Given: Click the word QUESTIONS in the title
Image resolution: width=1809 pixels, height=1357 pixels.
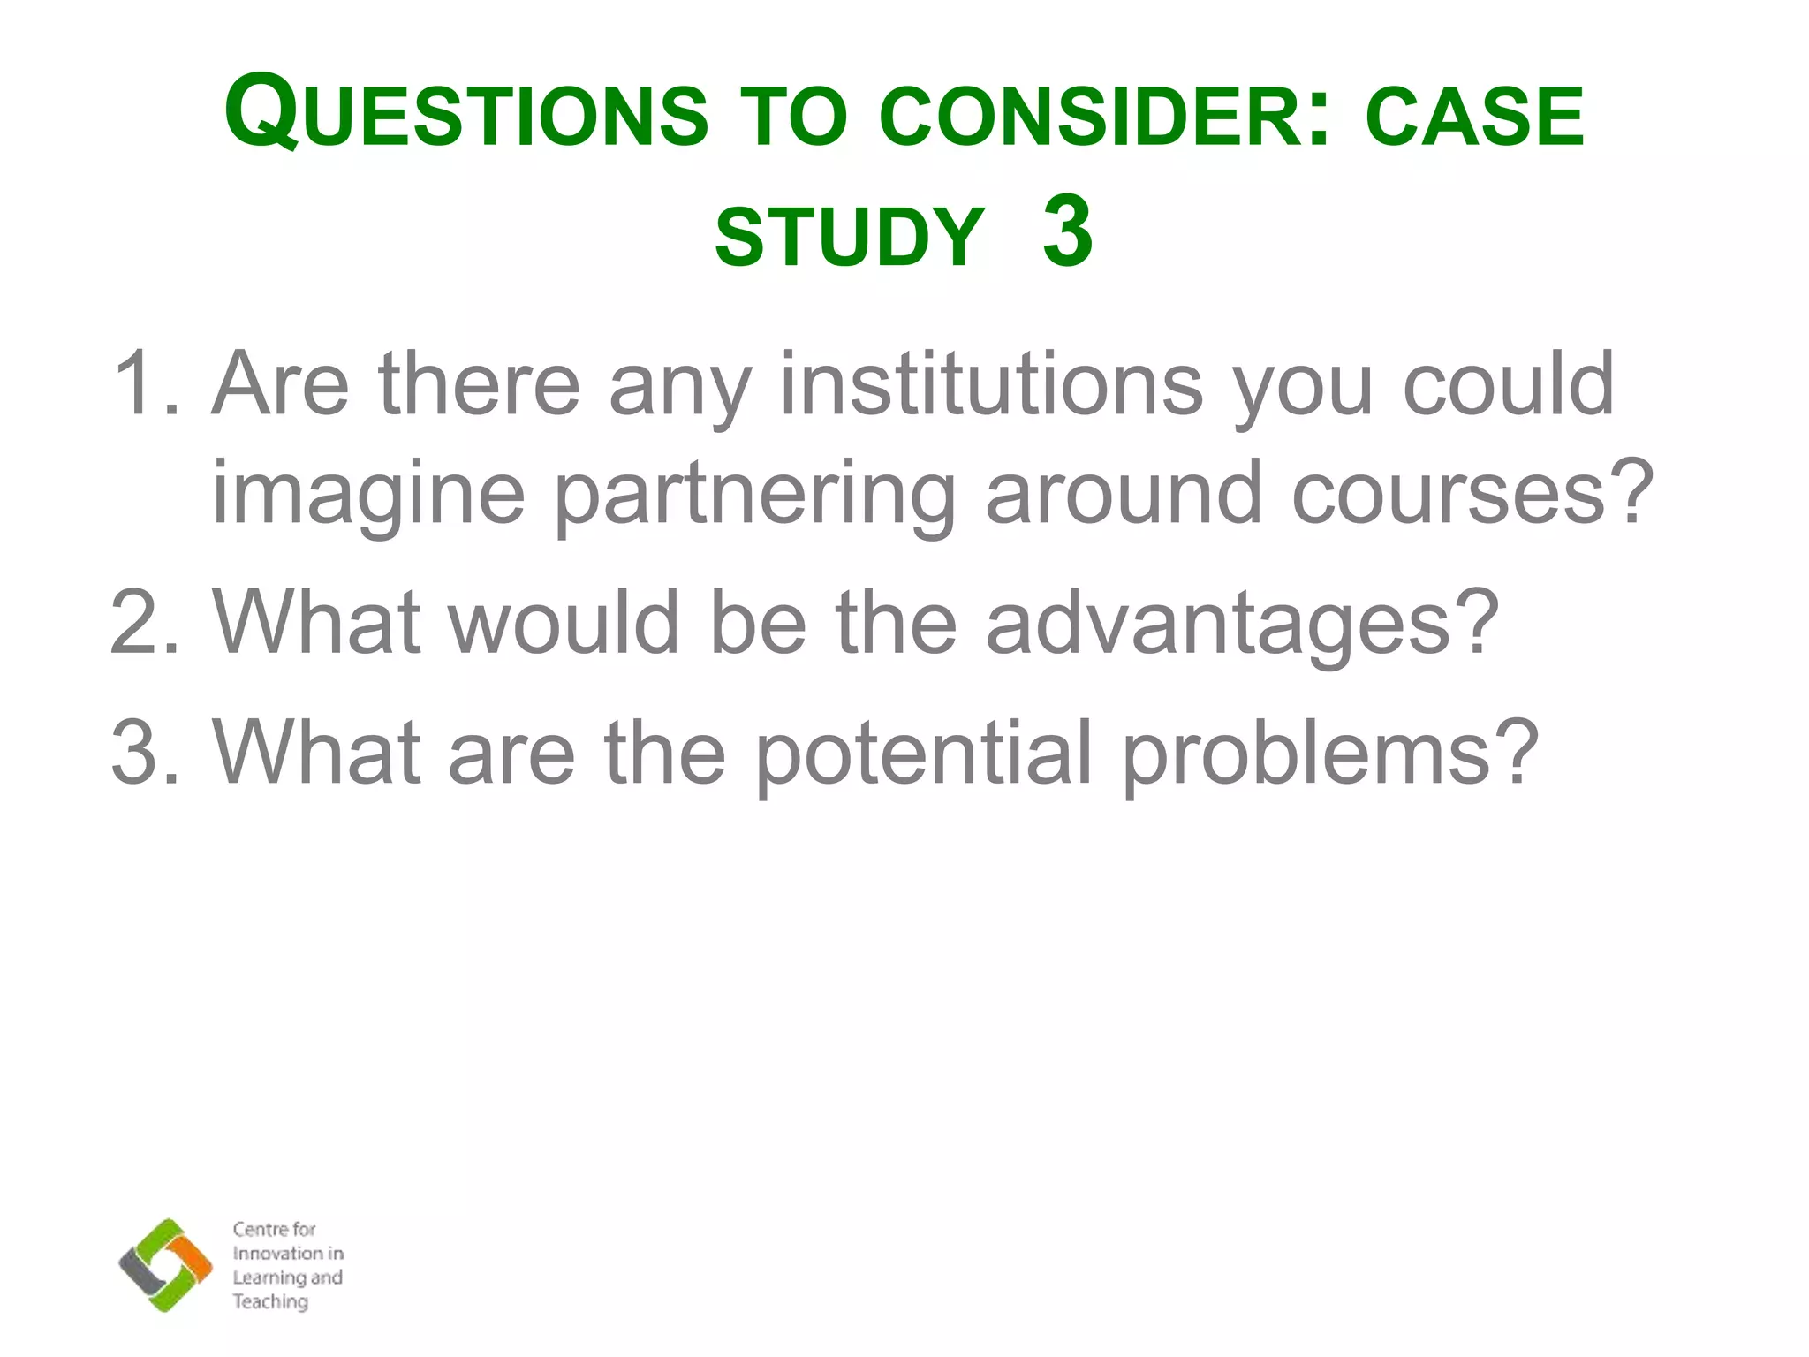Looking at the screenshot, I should pyautogui.click(x=465, y=115).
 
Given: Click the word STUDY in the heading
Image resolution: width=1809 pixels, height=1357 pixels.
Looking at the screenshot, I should pyautogui.click(x=849, y=237).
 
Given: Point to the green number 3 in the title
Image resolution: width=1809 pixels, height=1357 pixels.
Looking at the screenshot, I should pyautogui.click(x=1067, y=231).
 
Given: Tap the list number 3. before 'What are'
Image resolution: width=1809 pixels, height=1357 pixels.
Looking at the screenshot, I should pyautogui.click(x=143, y=753).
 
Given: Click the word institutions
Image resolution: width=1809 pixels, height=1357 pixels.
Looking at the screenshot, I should pyautogui.click(x=991, y=384).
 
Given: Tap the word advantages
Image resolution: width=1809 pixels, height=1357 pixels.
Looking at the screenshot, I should pyautogui.click(x=1241, y=623).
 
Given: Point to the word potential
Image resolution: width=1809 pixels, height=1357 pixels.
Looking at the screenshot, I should pyautogui.click(x=925, y=753).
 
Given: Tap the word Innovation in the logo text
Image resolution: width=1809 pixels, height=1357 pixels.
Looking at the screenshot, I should pyautogui.click(x=276, y=1254).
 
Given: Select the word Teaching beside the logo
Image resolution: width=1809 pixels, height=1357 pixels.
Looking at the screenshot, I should pyautogui.click(x=270, y=1301).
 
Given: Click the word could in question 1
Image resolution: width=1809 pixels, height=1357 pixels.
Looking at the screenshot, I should pyautogui.click(x=1509, y=384).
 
